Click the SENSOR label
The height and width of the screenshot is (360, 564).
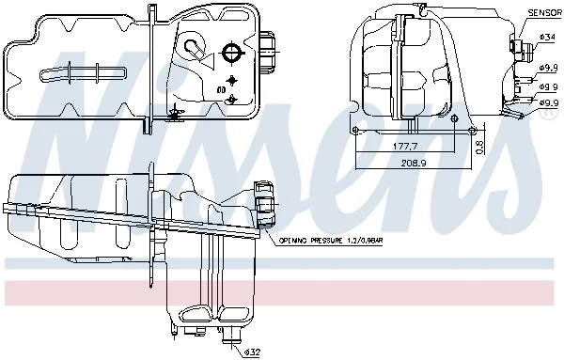tap(544, 13)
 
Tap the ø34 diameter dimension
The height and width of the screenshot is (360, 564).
tap(548, 38)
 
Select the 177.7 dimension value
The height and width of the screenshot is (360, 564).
tap(405, 147)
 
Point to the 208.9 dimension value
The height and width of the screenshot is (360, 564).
tap(414, 163)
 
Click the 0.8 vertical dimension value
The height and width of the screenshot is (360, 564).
tap(479, 147)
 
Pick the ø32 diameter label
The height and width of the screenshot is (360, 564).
tap(252, 352)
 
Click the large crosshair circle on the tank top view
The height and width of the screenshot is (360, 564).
tap(232, 54)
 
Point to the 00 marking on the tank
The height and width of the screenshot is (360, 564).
tap(222, 89)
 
